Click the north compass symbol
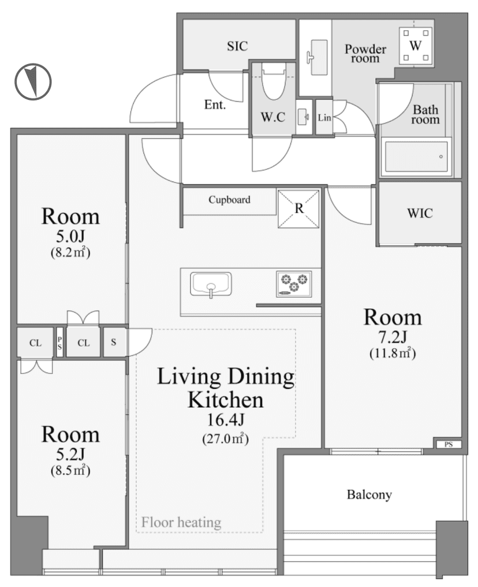coord(33,81)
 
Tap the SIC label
coord(237,46)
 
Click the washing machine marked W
coord(415,46)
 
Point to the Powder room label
coord(365,54)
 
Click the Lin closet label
coord(324,117)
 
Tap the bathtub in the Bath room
coord(416,157)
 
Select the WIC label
coord(420,213)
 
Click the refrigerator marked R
coord(298,209)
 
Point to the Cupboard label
coord(229,199)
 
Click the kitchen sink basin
coord(211,285)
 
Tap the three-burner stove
coord(294,284)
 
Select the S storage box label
coord(113,342)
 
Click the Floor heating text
coord(181,522)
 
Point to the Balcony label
coord(369,495)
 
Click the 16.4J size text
coord(226,419)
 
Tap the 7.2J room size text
coord(393,337)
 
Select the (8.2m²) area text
coord(70,252)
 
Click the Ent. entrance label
coord(215,105)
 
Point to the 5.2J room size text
coord(70,454)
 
